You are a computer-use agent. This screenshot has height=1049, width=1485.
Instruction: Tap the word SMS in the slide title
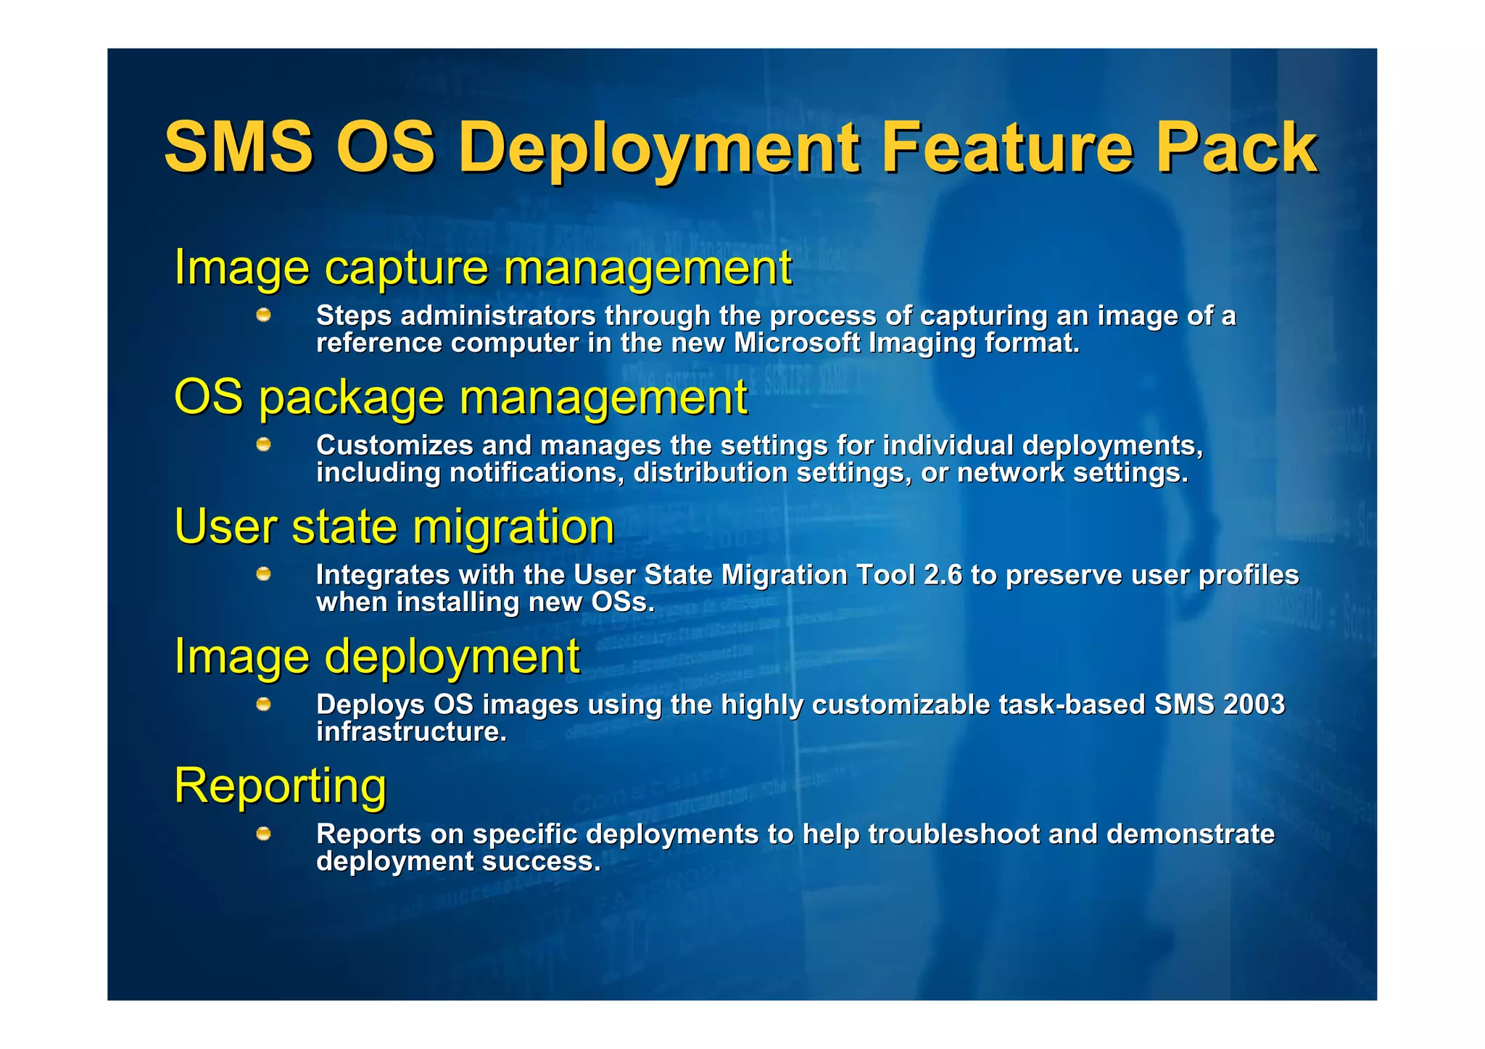[x=239, y=148]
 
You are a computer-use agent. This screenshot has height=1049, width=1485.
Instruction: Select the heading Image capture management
[x=482, y=268]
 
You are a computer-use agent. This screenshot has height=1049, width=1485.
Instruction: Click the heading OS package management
[x=460, y=398]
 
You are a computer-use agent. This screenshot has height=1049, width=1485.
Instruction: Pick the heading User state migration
[x=394, y=527]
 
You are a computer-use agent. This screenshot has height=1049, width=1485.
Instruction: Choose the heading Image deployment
[x=376, y=657]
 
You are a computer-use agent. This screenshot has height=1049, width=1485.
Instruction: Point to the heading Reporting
[x=280, y=786]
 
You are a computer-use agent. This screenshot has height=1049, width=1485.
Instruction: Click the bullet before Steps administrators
[x=264, y=315]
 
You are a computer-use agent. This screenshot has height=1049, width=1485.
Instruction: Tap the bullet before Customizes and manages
[x=264, y=444]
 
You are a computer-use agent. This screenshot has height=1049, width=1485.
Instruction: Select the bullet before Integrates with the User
[x=264, y=574]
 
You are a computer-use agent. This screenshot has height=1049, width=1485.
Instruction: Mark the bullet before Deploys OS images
[x=264, y=704]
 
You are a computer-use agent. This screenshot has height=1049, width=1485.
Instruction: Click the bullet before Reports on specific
[x=264, y=834]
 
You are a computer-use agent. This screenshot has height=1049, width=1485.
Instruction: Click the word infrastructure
[x=411, y=731]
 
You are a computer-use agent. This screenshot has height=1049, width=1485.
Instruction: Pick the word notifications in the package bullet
[x=536, y=473]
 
